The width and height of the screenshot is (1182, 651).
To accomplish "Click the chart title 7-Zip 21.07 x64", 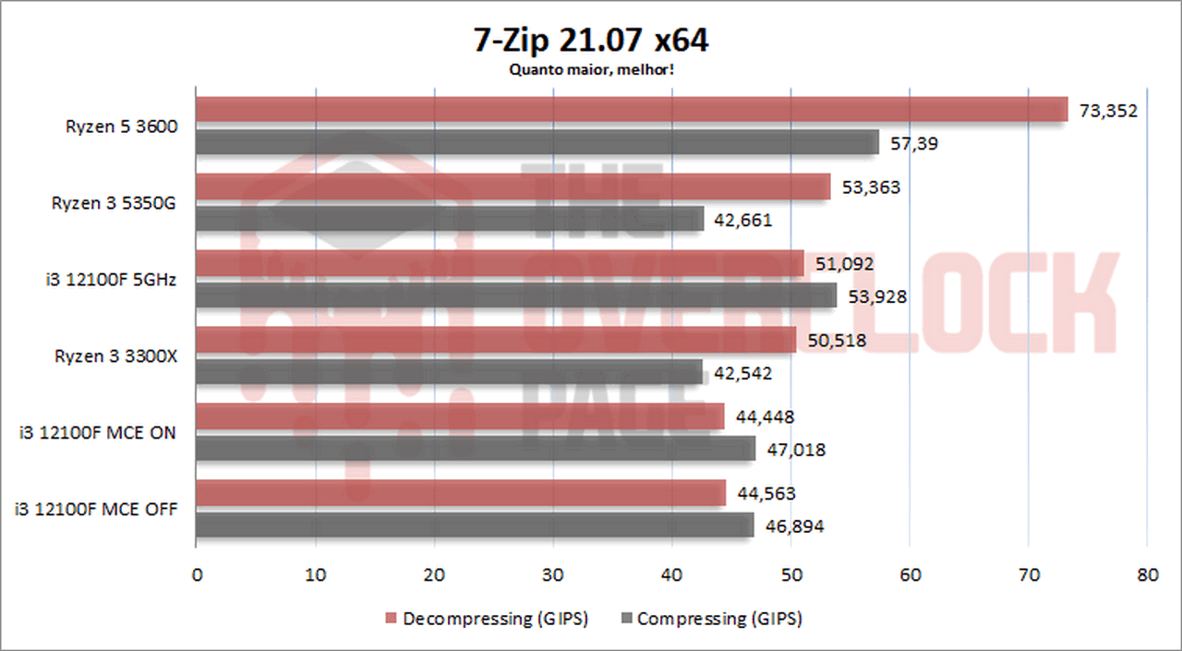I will point(591,42).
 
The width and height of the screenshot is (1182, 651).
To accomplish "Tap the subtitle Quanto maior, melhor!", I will point(591,69).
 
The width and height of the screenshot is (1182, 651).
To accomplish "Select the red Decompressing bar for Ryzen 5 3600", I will point(632,110).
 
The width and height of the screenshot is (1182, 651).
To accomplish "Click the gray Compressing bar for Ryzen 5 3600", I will point(537,142).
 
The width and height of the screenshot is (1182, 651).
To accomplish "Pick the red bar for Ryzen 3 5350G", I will point(513,187).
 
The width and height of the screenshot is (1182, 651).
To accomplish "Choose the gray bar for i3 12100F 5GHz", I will point(516,295).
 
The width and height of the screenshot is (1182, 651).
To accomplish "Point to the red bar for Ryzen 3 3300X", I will point(496,340).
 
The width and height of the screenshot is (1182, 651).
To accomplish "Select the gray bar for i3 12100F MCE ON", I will point(476,449).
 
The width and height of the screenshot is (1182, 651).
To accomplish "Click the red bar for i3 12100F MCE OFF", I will point(461,493).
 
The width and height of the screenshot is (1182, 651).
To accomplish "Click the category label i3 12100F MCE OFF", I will point(96,509).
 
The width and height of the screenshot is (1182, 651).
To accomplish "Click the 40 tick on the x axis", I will point(672,575).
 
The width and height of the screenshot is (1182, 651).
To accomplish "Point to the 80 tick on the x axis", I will point(1147,575).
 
